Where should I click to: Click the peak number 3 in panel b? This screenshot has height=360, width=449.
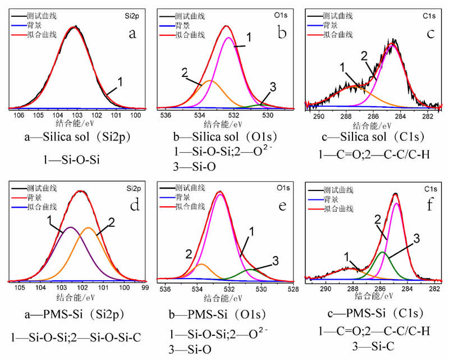tap(273, 86)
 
